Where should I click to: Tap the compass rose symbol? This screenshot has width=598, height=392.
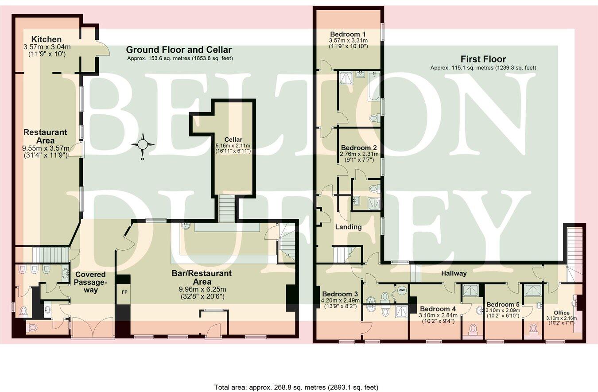(143, 144)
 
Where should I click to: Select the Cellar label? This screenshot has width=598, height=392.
(233, 140)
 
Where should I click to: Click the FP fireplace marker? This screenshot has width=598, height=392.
(123, 293)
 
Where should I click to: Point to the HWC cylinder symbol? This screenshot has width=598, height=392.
(401, 291)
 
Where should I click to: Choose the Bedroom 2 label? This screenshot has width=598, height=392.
(359, 147)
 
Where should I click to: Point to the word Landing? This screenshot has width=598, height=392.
(348, 227)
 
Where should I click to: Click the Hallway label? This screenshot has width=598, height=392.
(454, 273)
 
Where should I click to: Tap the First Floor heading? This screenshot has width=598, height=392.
(483, 59)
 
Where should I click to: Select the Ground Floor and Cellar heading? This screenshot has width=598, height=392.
(179, 50)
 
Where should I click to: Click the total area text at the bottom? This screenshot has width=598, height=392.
(296, 387)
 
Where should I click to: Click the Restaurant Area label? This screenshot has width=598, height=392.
(45, 136)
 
